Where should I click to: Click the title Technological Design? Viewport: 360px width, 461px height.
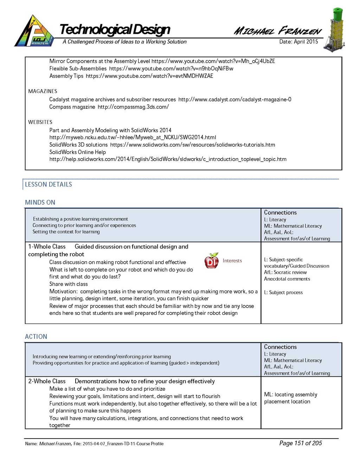point(115,30)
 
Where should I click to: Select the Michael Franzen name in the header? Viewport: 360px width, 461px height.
point(278,31)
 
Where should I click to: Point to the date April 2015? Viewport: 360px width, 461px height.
point(298,41)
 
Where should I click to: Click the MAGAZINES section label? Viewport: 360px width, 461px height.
point(43,91)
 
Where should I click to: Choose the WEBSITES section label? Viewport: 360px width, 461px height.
point(40,122)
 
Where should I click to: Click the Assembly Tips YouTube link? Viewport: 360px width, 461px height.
point(149,76)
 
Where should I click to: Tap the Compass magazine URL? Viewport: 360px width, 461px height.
point(133,107)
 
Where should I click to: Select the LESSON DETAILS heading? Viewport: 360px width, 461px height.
point(49,184)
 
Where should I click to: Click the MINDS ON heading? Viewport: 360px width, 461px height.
point(40,202)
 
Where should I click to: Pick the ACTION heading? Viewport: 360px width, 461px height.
point(36,337)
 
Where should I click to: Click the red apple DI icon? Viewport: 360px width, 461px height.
point(211,261)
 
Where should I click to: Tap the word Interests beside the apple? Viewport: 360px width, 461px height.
point(232,261)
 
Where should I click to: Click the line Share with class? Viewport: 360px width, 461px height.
point(69,284)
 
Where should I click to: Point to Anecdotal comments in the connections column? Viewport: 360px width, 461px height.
point(287,279)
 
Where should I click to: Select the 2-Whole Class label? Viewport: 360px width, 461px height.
point(47,381)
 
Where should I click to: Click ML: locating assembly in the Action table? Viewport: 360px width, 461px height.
point(290,395)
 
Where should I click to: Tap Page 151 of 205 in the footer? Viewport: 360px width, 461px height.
point(301,443)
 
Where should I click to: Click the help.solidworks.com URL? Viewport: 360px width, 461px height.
point(168,159)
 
